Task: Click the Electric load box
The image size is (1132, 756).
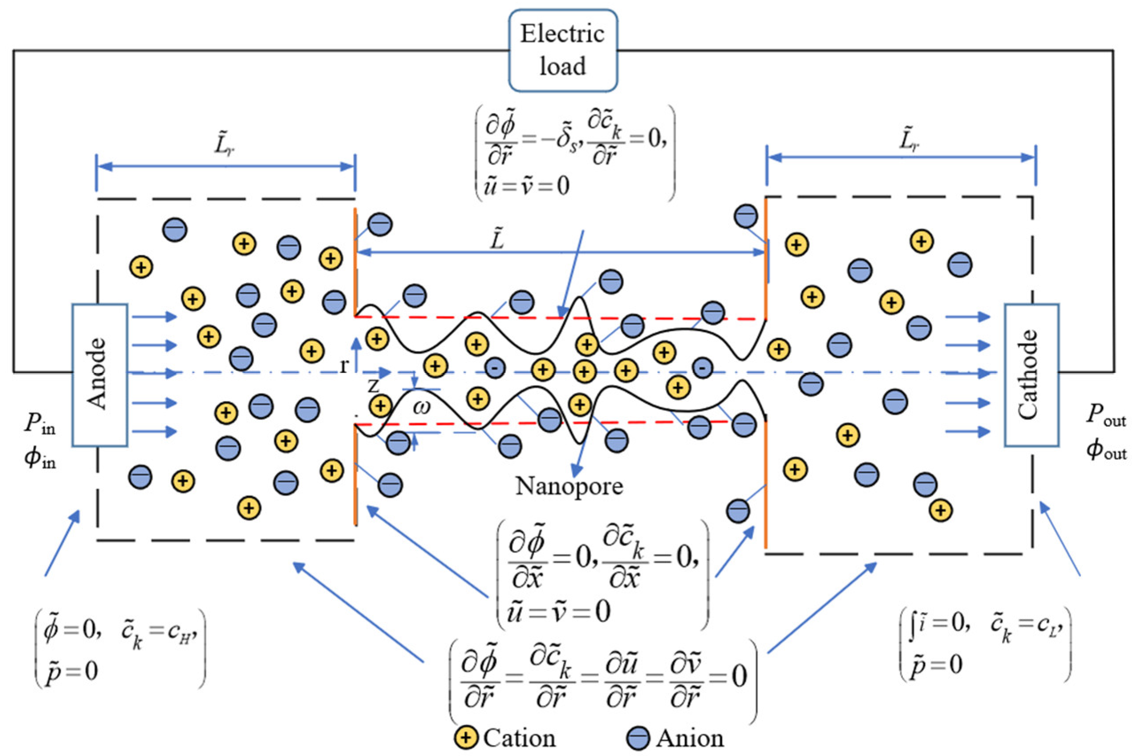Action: coord(563,50)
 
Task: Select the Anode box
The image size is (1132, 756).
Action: coord(100,374)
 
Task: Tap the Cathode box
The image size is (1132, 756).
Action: coord(1031,374)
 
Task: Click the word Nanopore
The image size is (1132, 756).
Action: coord(569,486)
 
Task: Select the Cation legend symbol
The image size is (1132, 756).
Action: coord(466,738)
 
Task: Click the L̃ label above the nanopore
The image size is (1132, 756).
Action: coord(497,239)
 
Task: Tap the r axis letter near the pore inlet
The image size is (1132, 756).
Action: coord(344,366)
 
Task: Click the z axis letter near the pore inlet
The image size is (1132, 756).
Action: coord(373,386)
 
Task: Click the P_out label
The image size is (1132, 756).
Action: coord(1105,416)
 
